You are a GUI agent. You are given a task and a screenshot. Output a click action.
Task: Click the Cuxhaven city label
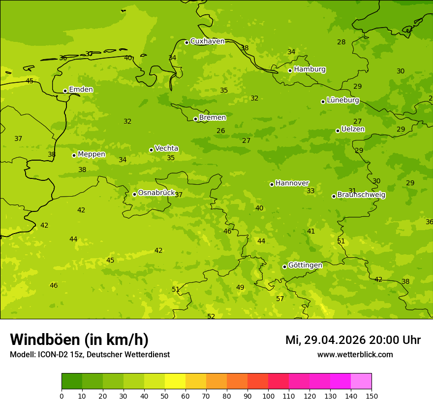[x=207, y=41]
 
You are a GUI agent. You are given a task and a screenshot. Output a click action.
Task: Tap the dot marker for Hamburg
[x=290, y=70]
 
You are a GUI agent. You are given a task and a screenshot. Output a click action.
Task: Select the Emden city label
[x=81, y=90]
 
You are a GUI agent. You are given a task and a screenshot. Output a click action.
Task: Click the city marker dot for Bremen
[x=195, y=119]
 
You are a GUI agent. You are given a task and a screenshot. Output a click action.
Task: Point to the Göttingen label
[x=305, y=266]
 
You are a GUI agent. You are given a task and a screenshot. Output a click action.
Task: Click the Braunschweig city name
[x=361, y=195]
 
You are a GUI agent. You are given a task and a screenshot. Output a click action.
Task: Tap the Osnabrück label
[x=156, y=193]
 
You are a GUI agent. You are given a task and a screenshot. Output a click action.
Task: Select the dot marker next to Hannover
[x=272, y=184]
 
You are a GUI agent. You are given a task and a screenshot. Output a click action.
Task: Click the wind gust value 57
[x=280, y=299]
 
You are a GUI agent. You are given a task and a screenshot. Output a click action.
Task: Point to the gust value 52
[x=211, y=316]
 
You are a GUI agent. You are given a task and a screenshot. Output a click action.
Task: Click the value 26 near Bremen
[x=221, y=131]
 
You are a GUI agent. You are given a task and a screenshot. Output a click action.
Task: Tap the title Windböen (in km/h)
[x=79, y=340]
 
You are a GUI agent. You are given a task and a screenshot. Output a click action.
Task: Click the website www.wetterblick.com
[x=355, y=355]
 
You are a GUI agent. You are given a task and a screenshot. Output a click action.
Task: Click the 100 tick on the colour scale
[x=268, y=396]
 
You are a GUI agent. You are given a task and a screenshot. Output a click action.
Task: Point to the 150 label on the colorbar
[x=371, y=396]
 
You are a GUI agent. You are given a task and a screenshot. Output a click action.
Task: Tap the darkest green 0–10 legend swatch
[x=72, y=381]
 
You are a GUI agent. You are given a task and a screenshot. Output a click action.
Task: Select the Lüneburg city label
[x=343, y=101]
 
